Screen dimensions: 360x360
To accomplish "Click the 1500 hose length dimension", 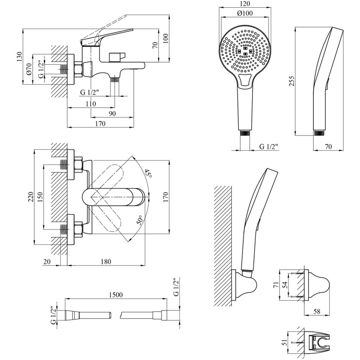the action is (116, 294).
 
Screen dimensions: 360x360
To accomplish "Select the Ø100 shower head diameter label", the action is (244, 13).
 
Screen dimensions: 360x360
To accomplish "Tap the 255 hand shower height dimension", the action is (291, 81).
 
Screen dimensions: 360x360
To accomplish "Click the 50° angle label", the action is (139, 220).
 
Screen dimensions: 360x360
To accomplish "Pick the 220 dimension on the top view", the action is (31, 197).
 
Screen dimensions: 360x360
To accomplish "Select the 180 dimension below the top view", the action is (106, 261).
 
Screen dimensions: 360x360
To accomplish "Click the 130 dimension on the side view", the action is (19, 57).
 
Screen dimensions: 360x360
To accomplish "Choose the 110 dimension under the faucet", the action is (91, 104).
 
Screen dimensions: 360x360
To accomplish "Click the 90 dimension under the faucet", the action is (112, 114).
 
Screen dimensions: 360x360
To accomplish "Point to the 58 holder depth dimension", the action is (316, 311).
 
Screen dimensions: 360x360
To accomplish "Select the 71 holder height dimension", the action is (276, 285).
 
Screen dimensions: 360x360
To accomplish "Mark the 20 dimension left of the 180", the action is (47, 261).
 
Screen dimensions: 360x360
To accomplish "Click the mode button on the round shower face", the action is (245, 81).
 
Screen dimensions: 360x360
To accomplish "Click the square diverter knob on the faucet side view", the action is (117, 57).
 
